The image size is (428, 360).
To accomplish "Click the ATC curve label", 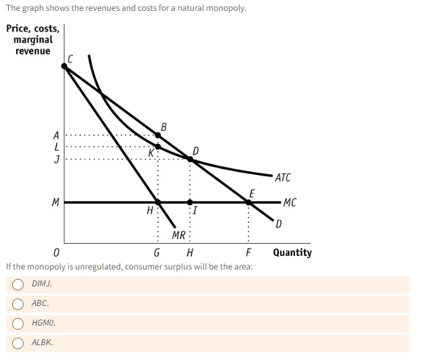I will pos(283,178).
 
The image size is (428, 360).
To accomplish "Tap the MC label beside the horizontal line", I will pos(289,202).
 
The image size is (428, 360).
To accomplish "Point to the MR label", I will pos(178,235).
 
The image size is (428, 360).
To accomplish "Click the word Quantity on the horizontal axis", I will pos(292,253).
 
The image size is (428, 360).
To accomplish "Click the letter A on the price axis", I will pos(57,134).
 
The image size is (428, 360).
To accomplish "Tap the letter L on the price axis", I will pos(57,146).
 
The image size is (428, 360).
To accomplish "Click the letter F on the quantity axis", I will pos(249,253).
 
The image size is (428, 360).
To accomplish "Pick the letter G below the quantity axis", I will pos(157,253).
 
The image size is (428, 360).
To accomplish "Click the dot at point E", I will pos(249,201).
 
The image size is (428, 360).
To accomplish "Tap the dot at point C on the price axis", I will pos(64,66).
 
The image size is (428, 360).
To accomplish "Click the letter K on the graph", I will pos(152,153).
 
